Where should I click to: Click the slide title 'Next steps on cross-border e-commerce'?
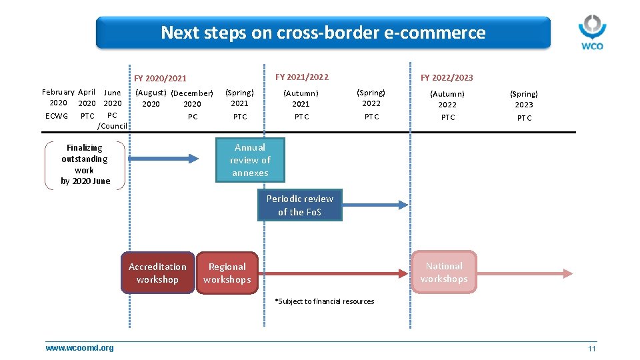point(323,32)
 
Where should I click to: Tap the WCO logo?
point(591,32)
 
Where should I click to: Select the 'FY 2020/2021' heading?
point(160,79)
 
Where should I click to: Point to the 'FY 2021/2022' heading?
point(301,77)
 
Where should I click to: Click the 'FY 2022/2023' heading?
point(446,78)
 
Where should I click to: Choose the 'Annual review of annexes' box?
point(250,160)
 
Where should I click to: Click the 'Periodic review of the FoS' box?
point(300,205)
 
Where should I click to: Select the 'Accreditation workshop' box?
point(157,273)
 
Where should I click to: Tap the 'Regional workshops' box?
point(227,273)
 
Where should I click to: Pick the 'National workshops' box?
point(444,272)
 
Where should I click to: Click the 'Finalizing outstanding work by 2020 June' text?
point(85,164)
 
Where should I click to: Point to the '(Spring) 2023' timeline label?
point(524,99)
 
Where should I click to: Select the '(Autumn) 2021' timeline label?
point(301,99)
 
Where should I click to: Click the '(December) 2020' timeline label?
point(192,99)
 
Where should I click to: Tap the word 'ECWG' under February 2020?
point(57,116)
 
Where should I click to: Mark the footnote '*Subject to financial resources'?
point(325,301)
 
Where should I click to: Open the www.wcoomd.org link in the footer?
point(79,348)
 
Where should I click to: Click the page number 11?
point(591,349)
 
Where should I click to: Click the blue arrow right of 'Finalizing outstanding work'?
point(167,159)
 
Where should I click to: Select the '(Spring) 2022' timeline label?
point(371,98)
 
